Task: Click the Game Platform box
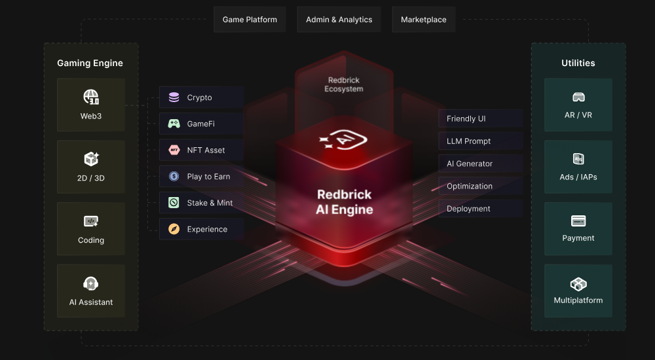(x=250, y=20)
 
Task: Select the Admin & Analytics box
(x=339, y=20)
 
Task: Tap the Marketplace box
(x=423, y=20)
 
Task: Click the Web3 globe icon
(x=91, y=98)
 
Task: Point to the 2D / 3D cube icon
(x=91, y=159)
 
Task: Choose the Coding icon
(x=91, y=221)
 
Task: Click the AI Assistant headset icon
(x=91, y=283)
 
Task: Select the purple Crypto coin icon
(x=174, y=98)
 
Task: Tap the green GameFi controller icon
(x=174, y=124)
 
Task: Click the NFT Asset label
(x=206, y=150)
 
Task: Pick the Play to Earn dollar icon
(x=174, y=176)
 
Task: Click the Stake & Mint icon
(x=174, y=203)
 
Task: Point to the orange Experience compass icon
(x=174, y=229)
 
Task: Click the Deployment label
(x=468, y=209)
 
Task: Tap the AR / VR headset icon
(x=578, y=98)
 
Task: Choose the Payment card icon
(x=578, y=221)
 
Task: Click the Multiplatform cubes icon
(x=578, y=283)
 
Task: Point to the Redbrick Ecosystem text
(x=344, y=84)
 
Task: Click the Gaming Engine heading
(x=90, y=63)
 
